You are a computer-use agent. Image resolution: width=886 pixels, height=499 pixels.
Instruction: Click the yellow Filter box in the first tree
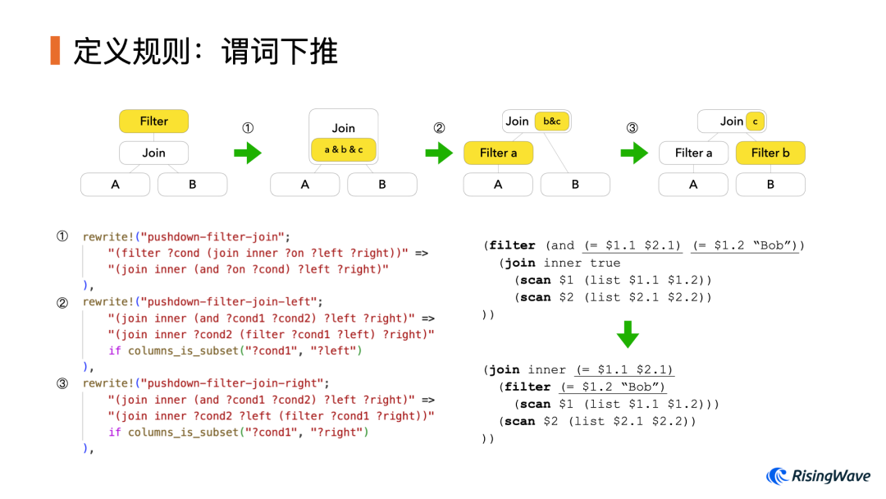(x=153, y=121)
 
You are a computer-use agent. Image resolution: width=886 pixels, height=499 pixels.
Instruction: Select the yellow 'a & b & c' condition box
(x=344, y=149)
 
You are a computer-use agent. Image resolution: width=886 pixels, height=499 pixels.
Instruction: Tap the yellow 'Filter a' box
(x=498, y=153)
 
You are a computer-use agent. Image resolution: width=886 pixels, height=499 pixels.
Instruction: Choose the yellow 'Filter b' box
(x=770, y=153)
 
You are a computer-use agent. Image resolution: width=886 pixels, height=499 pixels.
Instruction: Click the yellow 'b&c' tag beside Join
(x=551, y=121)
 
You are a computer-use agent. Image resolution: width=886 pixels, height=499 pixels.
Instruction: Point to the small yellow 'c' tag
(x=755, y=121)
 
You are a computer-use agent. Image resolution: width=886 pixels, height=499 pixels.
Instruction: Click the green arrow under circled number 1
(x=248, y=153)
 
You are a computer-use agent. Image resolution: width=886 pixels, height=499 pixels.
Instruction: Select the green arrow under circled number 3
(x=633, y=153)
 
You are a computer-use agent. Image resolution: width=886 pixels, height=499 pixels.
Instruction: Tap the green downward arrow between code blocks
(x=627, y=333)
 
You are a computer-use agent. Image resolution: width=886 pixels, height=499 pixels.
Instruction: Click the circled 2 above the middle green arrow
(x=439, y=128)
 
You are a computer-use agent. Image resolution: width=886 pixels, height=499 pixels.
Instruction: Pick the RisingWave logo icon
(x=777, y=476)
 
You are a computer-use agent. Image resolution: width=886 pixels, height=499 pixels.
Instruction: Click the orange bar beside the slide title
(x=55, y=50)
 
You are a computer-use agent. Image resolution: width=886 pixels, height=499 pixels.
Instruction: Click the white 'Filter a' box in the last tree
(x=693, y=153)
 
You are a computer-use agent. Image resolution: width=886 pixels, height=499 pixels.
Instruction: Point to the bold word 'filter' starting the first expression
(x=513, y=245)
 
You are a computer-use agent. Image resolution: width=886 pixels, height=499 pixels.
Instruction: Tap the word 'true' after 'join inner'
(x=605, y=263)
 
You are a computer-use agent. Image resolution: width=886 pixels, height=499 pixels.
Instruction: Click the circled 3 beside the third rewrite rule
(x=62, y=383)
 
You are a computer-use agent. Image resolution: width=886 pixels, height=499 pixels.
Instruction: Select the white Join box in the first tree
(x=153, y=153)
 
